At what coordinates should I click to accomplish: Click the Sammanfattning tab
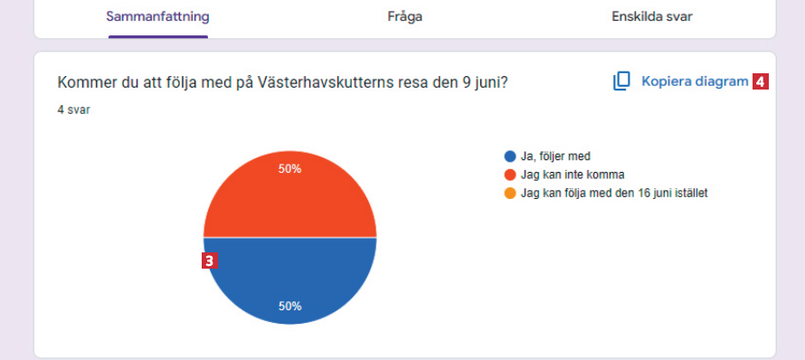tap(157, 17)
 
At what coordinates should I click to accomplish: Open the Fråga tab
tap(404, 17)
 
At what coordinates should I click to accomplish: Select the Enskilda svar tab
tap(652, 17)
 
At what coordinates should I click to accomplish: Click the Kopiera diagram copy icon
tap(621, 81)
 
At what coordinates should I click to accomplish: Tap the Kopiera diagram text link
tap(696, 81)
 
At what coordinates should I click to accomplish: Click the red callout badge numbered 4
tap(761, 81)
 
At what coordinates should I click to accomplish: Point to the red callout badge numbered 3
tap(209, 261)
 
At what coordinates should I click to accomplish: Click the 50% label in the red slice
tap(289, 169)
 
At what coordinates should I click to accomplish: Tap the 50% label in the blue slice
tap(289, 306)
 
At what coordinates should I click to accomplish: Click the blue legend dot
tap(510, 156)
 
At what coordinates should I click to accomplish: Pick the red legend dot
tap(510, 175)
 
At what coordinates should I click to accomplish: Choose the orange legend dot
tap(510, 194)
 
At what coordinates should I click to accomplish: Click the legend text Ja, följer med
tap(555, 156)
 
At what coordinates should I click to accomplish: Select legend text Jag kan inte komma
tap(573, 175)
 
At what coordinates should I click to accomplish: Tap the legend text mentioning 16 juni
tap(614, 194)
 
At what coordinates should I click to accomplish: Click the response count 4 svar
tap(73, 110)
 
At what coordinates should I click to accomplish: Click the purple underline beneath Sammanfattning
tap(158, 36)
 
